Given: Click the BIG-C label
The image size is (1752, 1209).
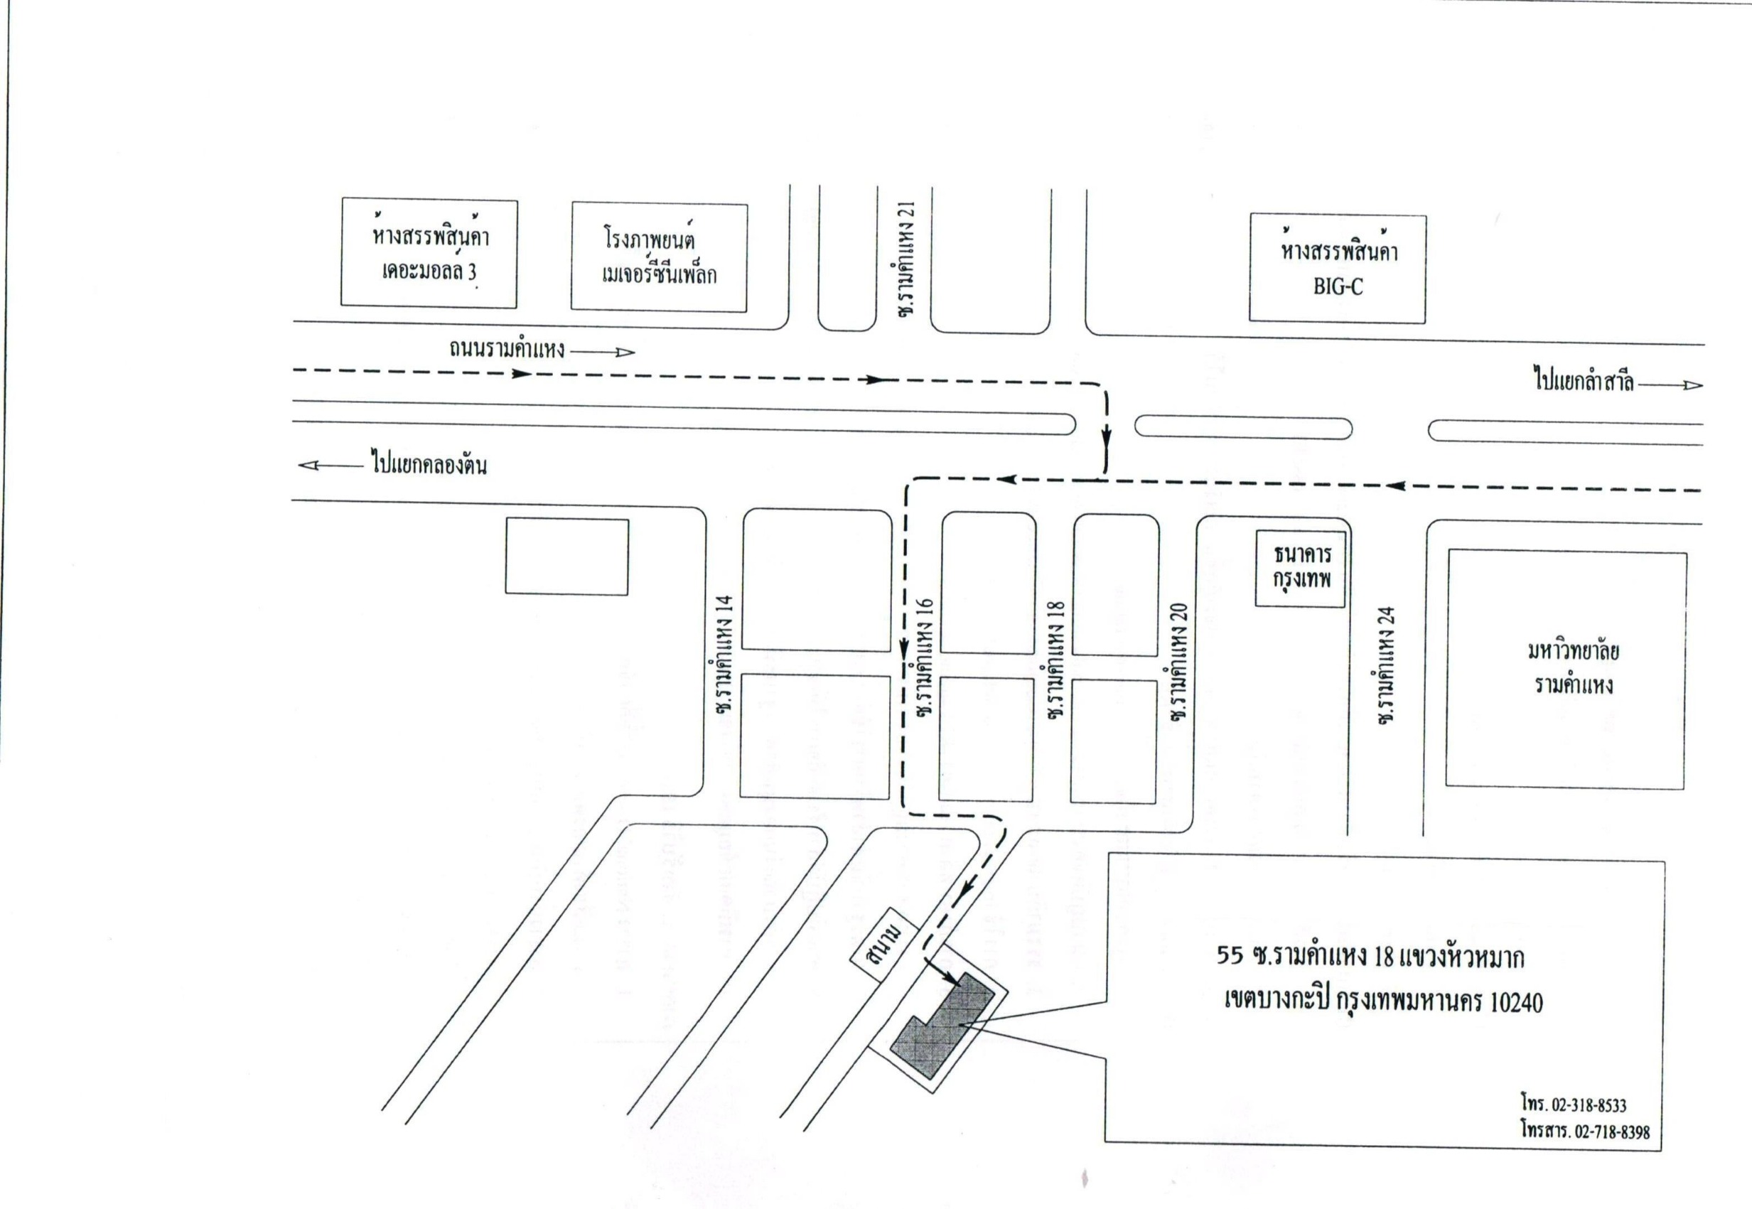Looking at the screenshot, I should point(1338,287).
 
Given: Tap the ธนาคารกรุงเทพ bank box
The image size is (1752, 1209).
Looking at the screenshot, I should point(1301,567).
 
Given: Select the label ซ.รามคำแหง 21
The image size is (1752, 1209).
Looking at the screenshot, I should point(907,259).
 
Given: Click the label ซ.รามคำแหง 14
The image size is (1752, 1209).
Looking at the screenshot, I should point(724,655).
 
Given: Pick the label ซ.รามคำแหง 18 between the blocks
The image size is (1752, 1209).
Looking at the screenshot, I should point(1056,660).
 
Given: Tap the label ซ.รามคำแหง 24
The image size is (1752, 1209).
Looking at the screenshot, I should point(1386,666).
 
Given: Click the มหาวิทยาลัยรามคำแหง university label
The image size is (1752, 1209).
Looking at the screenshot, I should point(1573,667).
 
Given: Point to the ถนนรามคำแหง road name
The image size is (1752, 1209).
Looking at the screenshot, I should point(506,349).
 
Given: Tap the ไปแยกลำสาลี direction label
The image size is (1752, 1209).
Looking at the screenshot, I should point(1583,380).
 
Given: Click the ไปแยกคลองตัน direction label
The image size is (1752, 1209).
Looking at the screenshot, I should point(429,463).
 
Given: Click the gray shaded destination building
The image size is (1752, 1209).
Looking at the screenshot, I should point(942,1023).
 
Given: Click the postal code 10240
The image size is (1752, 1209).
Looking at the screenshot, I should point(1515,1002).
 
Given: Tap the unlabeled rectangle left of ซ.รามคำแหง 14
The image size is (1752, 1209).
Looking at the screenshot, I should point(566,556).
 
